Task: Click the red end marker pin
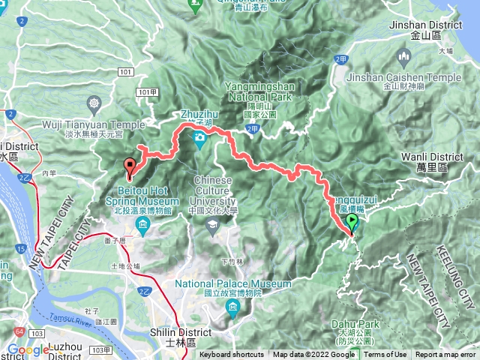(130, 168)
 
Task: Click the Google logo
(28, 349)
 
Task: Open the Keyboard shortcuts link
(232, 355)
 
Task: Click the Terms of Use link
(385, 355)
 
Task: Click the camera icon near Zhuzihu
(199, 136)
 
